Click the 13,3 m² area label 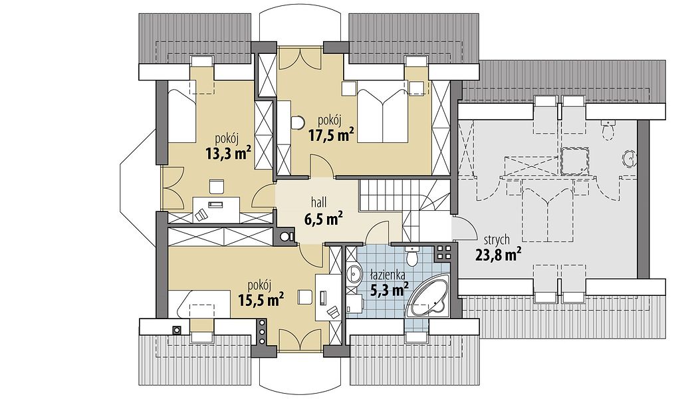[x=228, y=153]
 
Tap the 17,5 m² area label [x=331, y=134]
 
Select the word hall [x=318, y=203]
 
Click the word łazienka [x=388, y=275]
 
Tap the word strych [x=497, y=240]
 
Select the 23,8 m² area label [x=499, y=255]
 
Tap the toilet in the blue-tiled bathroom [x=412, y=256]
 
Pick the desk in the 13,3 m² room [x=217, y=209]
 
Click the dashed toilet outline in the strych [x=609, y=130]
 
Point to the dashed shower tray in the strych [x=576, y=161]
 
